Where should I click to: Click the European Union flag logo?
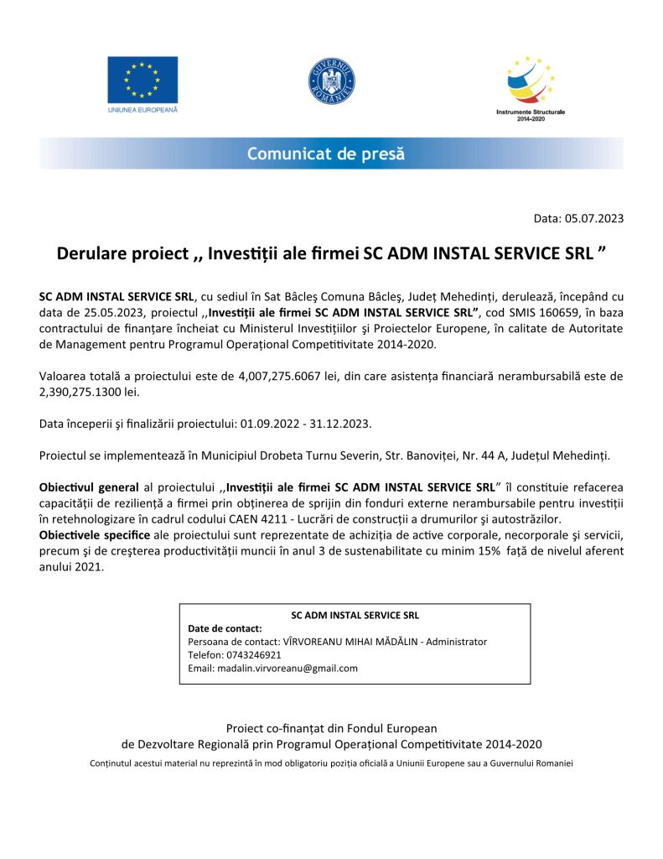tap(142, 80)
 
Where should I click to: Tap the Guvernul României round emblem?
tap(332, 82)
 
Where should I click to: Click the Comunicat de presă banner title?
tap(325, 154)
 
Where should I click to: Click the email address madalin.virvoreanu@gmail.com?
tap(273, 669)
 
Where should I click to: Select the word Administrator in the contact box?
tap(456, 642)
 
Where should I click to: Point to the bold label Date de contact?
tap(225, 628)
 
